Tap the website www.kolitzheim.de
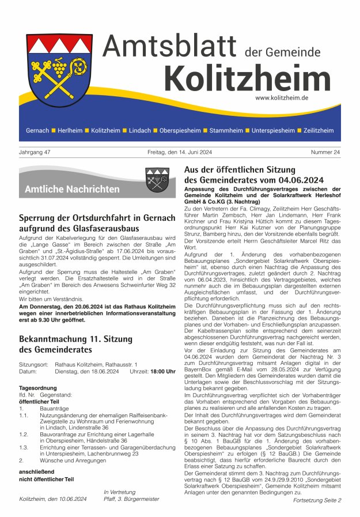(x=281, y=98)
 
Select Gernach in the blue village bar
(x=37, y=131)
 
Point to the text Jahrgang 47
(x=35, y=152)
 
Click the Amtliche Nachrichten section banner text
(x=72, y=189)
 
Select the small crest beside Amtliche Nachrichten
(x=157, y=180)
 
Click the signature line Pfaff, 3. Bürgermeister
(x=131, y=499)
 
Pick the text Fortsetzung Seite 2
(x=317, y=500)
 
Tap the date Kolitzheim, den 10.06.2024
(x=53, y=499)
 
